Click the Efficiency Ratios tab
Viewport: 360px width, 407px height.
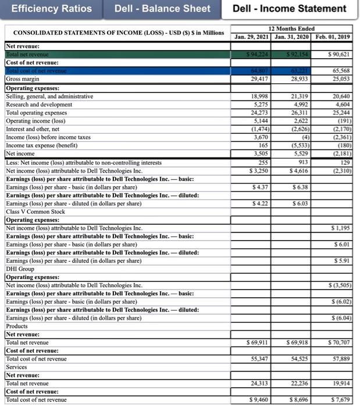(x=52, y=9)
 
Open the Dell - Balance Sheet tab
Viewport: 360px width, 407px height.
(x=162, y=9)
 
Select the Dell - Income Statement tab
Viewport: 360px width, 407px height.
(x=289, y=9)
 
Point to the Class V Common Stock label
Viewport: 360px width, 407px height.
(x=35, y=212)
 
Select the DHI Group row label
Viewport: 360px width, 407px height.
(x=20, y=269)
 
